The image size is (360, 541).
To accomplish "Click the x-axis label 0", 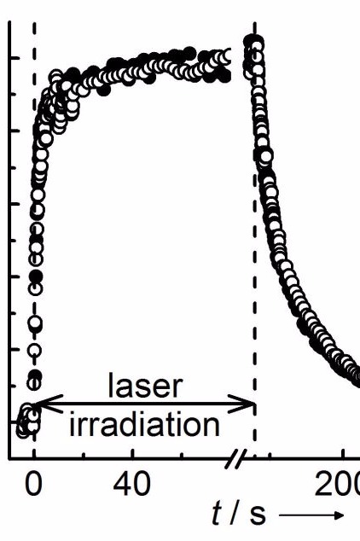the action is pyautogui.click(x=33, y=484).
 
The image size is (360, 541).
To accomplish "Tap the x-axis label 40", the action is pyautogui.click(x=131, y=484).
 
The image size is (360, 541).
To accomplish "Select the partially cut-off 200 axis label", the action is pyautogui.click(x=337, y=484).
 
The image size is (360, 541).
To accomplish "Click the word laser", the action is pyautogui.click(x=145, y=386).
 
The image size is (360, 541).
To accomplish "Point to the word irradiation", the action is pyautogui.click(x=144, y=424).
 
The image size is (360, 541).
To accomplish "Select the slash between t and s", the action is pyautogui.click(x=236, y=515).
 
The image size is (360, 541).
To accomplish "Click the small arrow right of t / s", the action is pyautogui.click(x=311, y=515).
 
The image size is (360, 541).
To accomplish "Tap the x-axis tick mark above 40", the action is pyautogui.click(x=133, y=454).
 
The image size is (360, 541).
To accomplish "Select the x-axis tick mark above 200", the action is pyautogui.click(x=343, y=454).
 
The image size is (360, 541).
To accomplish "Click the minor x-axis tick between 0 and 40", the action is pyautogui.click(x=84, y=456).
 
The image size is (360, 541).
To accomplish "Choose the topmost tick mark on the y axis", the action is pyautogui.click(x=15, y=58).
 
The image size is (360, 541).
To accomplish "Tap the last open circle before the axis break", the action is pyautogui.click(x=225, y=56).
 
